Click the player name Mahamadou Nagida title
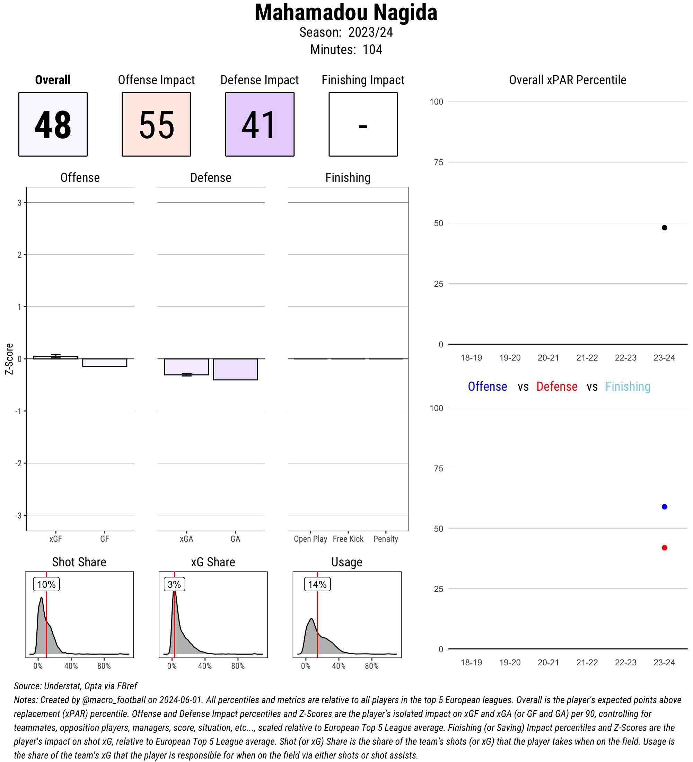tap(346, 12)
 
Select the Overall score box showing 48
tap(53, 124)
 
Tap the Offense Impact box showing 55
tap(156, 124)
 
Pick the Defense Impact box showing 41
tap(260, 124)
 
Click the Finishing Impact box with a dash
tap(363, 124)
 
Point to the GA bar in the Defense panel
tap(235, 369)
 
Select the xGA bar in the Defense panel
tap(186, 367)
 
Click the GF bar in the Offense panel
tap(104, 363)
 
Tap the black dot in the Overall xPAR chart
tap(664, 228)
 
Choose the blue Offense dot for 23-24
tap(664, 506)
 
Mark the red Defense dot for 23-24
tap(664, 548)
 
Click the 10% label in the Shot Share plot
tap(46, 584)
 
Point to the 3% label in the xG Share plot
tap(174, 584)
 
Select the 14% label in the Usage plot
tap(317, 584)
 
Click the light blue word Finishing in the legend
tap(628, 386)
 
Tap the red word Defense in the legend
tap(556, 386)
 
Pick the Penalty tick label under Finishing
tap(385, 539)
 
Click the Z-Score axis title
tap(9, 359)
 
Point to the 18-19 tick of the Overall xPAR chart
tap(471, 357)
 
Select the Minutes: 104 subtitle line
tap(346, 50)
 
